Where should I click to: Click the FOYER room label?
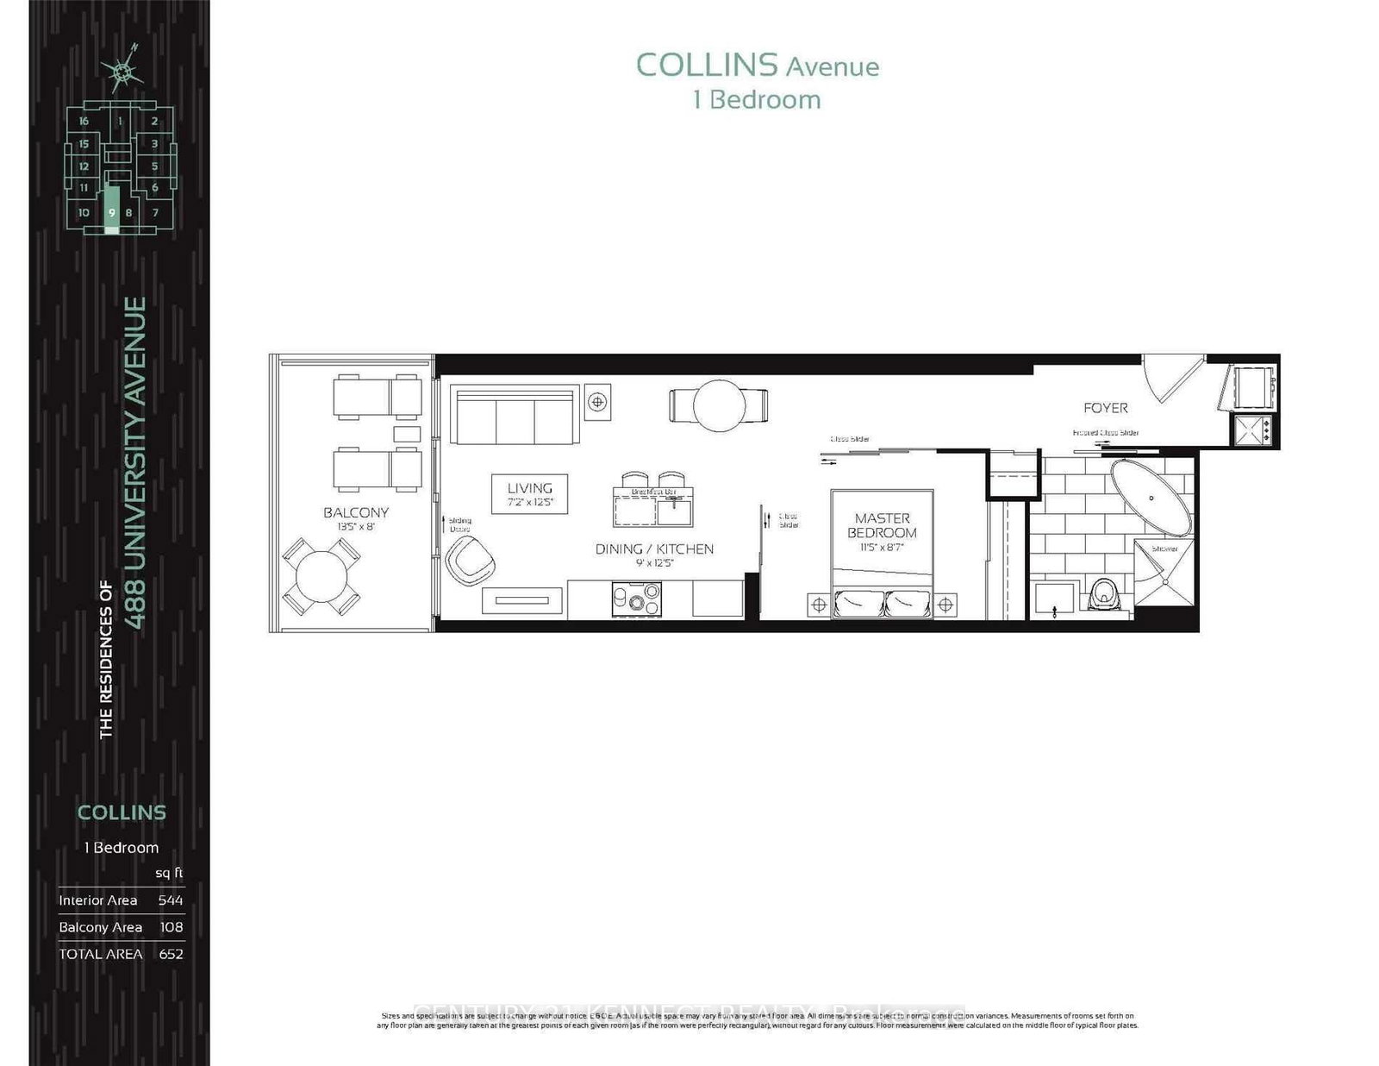1105,408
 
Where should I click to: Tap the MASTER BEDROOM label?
882,525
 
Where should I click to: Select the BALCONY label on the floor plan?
356,512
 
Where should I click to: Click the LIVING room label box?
529,494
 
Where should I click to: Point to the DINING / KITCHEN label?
654,549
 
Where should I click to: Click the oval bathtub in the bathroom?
1151,499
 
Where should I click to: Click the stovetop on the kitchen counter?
636,599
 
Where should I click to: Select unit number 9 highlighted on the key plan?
111,212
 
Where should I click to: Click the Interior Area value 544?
171,900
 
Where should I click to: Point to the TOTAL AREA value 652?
171,954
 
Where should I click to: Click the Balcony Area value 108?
171,927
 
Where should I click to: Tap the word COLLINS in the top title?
705,66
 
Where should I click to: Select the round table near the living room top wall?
718,405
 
